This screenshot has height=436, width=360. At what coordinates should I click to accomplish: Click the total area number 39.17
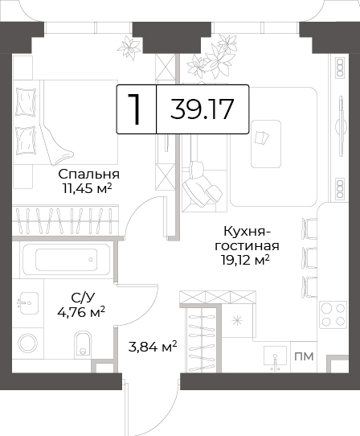(x=202, y=109)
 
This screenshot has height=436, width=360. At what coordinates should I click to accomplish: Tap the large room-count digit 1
(x=134, y=109)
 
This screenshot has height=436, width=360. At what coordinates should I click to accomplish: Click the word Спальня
(x=89, y=175)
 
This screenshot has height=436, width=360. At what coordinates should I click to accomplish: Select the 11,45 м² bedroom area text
(x=87, y=189)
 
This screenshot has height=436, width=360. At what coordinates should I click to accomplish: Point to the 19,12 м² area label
(x=245, y=261)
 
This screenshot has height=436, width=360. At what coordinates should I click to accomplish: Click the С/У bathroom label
(x=83, y=298)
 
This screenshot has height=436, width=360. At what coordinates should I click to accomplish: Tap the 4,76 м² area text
(x=81, y=312)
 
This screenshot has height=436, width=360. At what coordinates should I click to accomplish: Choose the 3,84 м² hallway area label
(x=153, y=347)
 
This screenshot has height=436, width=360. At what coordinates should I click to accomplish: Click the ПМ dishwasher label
(x=304, y=356)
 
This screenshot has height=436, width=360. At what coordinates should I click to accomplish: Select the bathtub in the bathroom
(x=67, y=259)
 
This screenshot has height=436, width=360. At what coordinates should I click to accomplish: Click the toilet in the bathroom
(x=83, y=343)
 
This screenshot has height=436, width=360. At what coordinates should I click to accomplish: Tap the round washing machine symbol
(x=28, y=343)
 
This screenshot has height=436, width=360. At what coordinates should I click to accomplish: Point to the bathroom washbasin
(x=27, y=302)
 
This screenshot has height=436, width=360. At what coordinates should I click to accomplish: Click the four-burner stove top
(x=333, y=315)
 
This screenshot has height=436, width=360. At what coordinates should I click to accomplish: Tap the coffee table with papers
(x=266, y=144)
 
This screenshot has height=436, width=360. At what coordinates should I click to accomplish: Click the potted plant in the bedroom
(x=129, y=47)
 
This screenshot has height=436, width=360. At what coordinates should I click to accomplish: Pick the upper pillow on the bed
(x=26, y=102)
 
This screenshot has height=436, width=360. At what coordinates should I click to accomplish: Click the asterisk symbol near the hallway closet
(x=237, y=321)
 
